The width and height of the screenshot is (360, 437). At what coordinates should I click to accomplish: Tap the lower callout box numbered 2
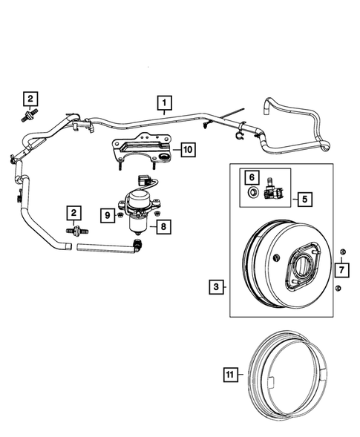point(73,214)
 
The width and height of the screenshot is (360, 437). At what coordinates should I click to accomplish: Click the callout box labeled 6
point(252,177)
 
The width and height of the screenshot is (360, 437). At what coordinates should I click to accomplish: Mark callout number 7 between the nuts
point(340,269)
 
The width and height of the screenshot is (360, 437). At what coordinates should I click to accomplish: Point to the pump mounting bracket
point(142,149)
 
